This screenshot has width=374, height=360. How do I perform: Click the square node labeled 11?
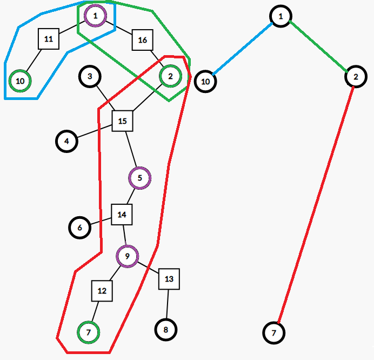[x=49, y=39]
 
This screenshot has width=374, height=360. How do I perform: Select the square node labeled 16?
[x=143, y=40]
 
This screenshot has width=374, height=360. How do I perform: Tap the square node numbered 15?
[x=123, y=121]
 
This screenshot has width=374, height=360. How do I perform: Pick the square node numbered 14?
[x=122, y=215]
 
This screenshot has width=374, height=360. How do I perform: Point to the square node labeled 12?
[x=102, y=291]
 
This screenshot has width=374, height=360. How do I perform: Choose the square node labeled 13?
[x=169, y=279]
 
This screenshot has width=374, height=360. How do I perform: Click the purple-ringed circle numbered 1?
[x=96, y=16]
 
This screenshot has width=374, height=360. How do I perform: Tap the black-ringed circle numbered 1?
[x=280, y=16]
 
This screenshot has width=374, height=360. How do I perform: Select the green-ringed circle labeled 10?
[x=21, y=81]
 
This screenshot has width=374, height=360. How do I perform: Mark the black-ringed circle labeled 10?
[x=205, y=82]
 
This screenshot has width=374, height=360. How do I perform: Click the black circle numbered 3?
[x=90, y=76]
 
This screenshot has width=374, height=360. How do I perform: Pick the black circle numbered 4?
[x=67, y=141]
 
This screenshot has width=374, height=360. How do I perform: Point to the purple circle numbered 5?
[x=140, y=178]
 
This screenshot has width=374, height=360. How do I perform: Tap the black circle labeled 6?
[x=79, y=228]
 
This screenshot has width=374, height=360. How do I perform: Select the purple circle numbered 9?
[x=128, y=256]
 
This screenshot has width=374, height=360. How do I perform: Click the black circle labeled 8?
[x=166, y=330]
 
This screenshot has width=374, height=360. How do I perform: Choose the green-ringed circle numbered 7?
[x=89, y=332]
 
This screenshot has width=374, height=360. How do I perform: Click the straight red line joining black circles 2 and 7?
[x=316, y=205]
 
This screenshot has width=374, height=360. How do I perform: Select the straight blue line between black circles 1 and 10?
[x=242, y=49]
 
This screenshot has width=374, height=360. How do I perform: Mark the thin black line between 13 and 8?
[x=168, y=304]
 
